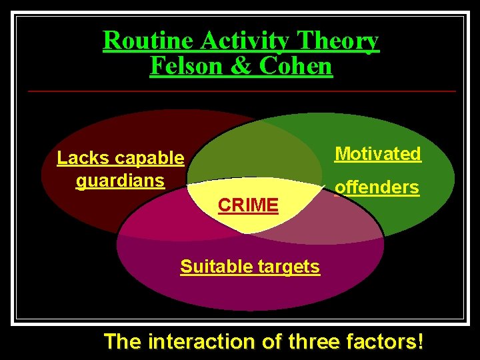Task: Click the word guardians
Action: click(x=120, y=181)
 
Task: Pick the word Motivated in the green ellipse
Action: click(x=378, y=154)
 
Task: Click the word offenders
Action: click(x=377, y=187)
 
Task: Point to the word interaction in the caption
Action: click(x=200, y=342)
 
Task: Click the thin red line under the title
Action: click(x=240, y=91)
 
